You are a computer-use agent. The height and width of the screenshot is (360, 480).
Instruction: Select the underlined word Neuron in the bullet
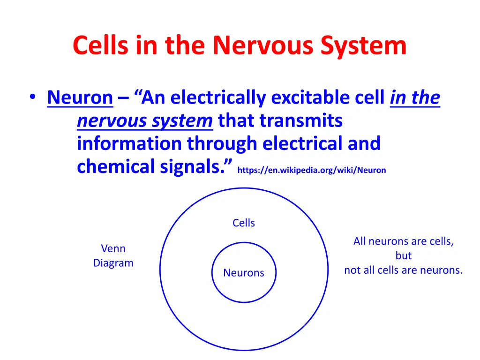pos(80,97)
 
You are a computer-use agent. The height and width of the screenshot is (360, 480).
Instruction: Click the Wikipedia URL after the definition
pos(312,170)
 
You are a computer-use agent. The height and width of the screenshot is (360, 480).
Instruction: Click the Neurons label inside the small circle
pos(244,273)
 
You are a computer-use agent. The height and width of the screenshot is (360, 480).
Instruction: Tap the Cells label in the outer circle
pos(244,223)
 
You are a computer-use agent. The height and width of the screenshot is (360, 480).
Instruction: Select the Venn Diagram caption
pos(113,255)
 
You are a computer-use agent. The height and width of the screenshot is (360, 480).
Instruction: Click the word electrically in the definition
pos(218,97)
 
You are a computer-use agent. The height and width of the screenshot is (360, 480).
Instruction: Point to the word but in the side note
pos(404,256)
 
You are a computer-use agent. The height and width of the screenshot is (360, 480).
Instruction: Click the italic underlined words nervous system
pos(145,120)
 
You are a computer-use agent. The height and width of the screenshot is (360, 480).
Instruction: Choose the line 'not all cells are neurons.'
pos(404,270)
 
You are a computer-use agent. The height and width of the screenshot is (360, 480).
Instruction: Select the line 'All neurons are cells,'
pos(404,241)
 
